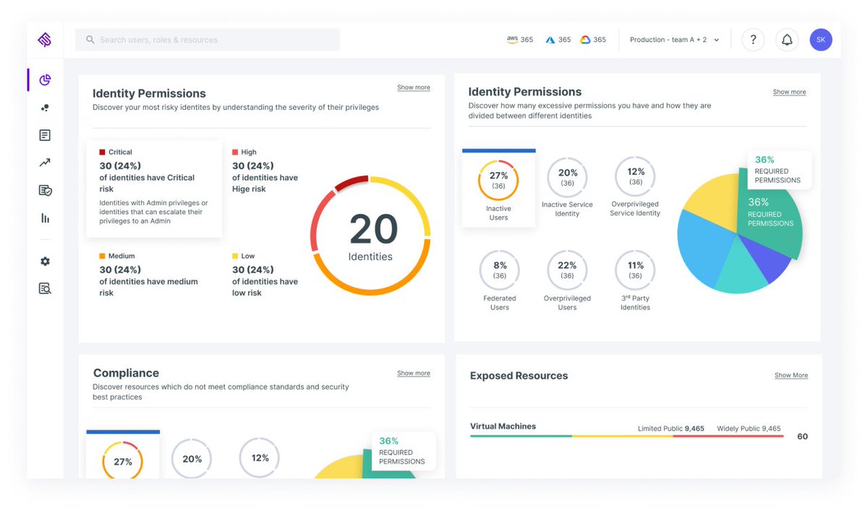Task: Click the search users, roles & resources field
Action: [x=207, y=40]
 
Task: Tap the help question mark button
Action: [x=753, y=40]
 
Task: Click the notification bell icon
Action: [x=787, y=40]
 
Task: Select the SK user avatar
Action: [x=821, y=40]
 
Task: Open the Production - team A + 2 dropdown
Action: [x=674, y=40]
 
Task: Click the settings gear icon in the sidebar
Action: [x=45, y=262]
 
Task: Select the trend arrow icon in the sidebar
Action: [x=45, y=163]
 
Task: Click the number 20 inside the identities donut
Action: [x=373, y=230]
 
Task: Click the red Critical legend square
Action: [x=103, y=153]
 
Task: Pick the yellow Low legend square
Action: [x=235, y=257]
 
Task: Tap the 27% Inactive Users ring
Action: [x=498, y=180]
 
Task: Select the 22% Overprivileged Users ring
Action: [x=567, y=270]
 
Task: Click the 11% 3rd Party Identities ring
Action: [x=635, y=270]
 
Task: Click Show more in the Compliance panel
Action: [x=413, y=374]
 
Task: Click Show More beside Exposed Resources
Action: [x=791, y=375]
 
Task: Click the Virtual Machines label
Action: [x=503, y=426]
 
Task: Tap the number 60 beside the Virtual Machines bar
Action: [x=802, y=437]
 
